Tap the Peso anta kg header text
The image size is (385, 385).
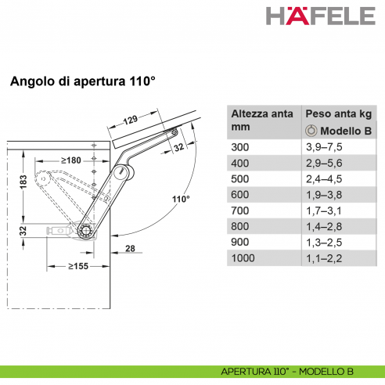[x=336, y=113]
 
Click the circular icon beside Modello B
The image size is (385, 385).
[x=311, y=130]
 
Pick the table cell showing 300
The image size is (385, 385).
[x=239, y=146]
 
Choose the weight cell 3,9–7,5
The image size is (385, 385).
[x=323, y=146]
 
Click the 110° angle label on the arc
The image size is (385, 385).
[x=181, y=199]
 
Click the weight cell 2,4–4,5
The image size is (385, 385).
[x=323, y=178]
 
